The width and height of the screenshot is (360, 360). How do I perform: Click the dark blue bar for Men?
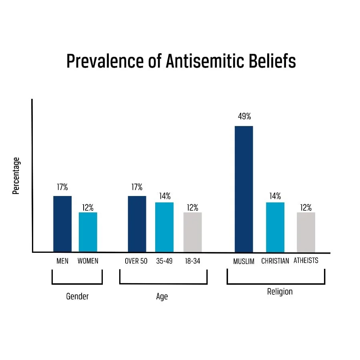click(x=62, y=224)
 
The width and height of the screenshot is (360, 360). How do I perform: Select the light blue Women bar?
click(x=88, y=232)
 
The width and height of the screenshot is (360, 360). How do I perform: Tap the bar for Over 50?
click(x=137, y=224)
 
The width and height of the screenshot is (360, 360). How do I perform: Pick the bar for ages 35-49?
click(x=164, y=227)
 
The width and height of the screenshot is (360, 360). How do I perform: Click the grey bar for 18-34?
click(x=192, y=232)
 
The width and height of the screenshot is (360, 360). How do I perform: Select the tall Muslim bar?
click(x=244, y=189)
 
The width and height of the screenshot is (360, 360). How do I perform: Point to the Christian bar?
click(x=275, y=227)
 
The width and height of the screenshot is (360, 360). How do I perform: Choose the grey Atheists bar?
click(x=306, y=232)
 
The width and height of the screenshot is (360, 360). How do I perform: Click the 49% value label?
click(x=244, y=117)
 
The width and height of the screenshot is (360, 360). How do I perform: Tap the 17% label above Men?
click(x=62, y=187)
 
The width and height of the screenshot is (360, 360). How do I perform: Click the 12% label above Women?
click(x=88, y=207)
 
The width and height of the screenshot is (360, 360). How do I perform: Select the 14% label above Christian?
click(x=275, y=196)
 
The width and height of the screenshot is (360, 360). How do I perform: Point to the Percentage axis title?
click(x=16, y=176)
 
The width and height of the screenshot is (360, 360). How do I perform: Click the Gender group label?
click(x=77, y=296)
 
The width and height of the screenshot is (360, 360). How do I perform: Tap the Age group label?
click(x=162, y=296)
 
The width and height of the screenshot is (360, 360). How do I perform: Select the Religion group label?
click(x=280, y=292)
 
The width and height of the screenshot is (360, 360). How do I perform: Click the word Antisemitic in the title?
click(x=192, y=61)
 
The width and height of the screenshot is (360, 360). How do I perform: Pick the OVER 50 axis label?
click(x=136, y=261)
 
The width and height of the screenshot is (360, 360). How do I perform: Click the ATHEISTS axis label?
click(x=306, y=260)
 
